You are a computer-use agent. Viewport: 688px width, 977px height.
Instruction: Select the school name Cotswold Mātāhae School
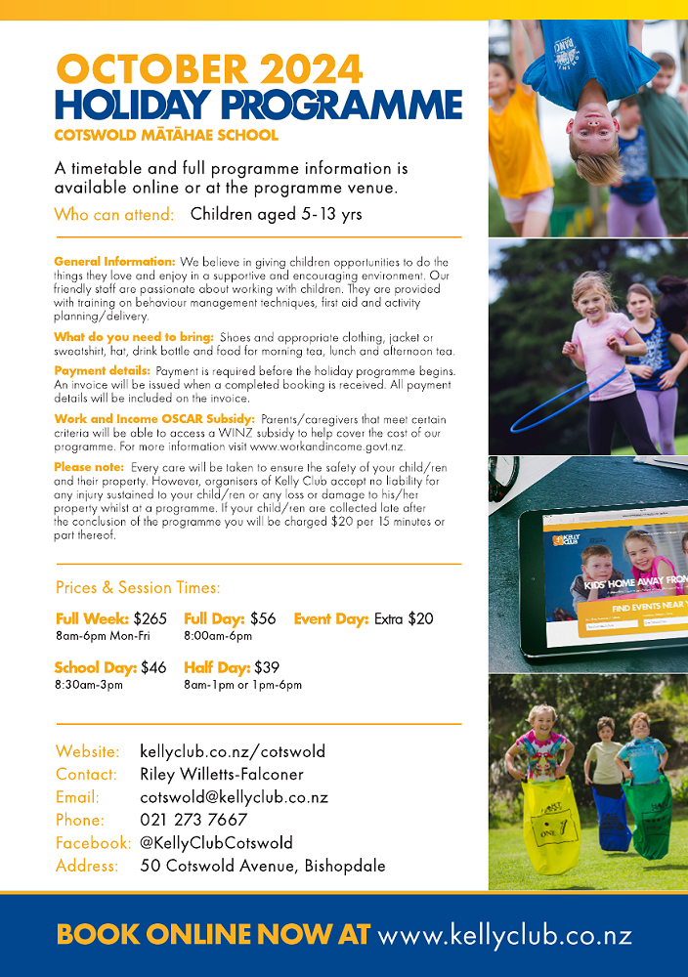click(166, 135)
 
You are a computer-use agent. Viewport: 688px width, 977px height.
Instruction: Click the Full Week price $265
click(150, 618)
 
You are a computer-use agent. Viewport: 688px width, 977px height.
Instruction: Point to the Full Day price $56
click(263, 618)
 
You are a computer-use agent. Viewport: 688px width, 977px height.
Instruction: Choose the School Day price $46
click(153, 667)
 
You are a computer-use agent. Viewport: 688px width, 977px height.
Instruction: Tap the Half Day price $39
click(267, 667)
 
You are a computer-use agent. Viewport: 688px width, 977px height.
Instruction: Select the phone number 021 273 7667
click(193, 820)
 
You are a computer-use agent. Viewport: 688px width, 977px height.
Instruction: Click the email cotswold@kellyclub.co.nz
click(234, 797)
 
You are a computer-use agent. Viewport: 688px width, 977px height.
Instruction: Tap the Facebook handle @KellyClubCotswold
click(216, 842)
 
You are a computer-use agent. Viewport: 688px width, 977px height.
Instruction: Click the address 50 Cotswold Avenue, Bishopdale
click(263, 866)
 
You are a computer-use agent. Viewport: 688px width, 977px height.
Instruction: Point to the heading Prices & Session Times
click(138, 587)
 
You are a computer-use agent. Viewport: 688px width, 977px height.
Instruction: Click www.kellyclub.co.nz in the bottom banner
click(504, 935)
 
